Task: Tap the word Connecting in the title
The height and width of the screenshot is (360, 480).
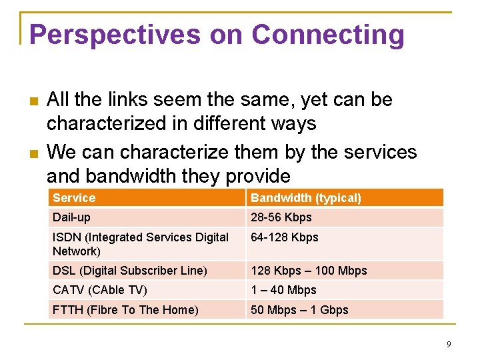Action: point(328,35)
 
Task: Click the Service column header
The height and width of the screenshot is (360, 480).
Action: point(74,198)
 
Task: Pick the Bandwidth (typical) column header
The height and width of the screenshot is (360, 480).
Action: point(305,198)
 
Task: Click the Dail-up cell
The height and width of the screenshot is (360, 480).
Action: point(71,217)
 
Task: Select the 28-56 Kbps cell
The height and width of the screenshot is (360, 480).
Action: point(281,217)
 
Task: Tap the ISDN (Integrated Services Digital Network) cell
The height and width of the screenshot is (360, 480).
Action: point(140,244)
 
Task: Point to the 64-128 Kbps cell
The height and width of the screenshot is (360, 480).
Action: point(284,237)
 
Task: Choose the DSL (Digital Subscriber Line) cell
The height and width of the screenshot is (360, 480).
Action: point(130,271)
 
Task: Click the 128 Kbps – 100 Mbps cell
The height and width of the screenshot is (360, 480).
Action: point(309,271)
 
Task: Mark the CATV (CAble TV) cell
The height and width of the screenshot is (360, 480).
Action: point(100,290)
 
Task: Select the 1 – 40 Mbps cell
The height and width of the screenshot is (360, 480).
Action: point(283,290)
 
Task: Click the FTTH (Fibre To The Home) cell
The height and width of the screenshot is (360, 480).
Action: point(125,310)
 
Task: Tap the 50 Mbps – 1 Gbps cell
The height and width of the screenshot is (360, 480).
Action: point(299,310)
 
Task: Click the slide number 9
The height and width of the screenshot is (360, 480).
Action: point(449,344)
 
